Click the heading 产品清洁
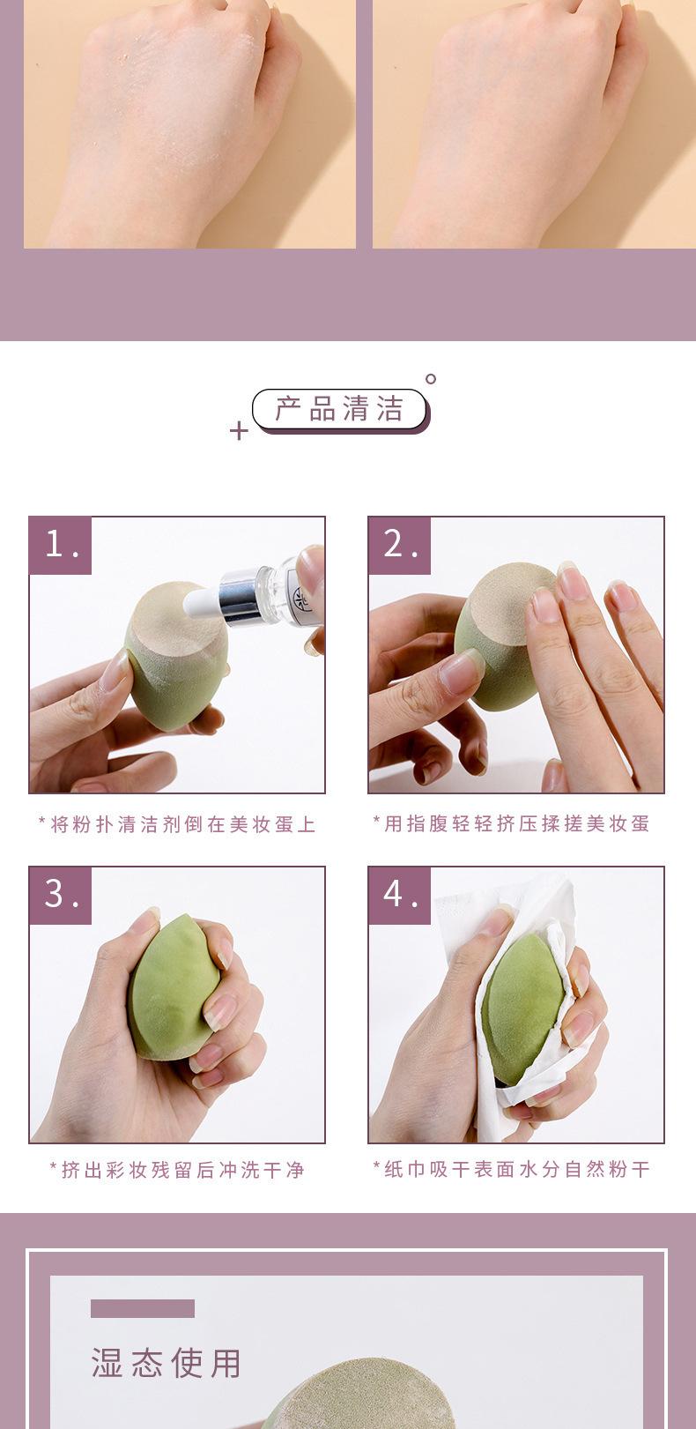[x=340, y=408]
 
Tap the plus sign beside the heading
[x=239, y=430]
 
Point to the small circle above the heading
[x=431, y=379]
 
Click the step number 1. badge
[x=61, y=546]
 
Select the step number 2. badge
[x=400, y=546]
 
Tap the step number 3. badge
[x=61, y=895]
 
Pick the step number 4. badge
[x=400, y=895]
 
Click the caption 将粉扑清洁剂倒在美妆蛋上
[x=177, y=824]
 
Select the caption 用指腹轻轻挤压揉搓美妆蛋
[x=511, y=823]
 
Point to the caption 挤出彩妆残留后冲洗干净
[x=177, y=1169]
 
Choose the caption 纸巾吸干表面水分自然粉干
[x=511, y=1169]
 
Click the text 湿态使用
[x=167, y=1363]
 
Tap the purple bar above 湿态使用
[x=142, y=1308]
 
